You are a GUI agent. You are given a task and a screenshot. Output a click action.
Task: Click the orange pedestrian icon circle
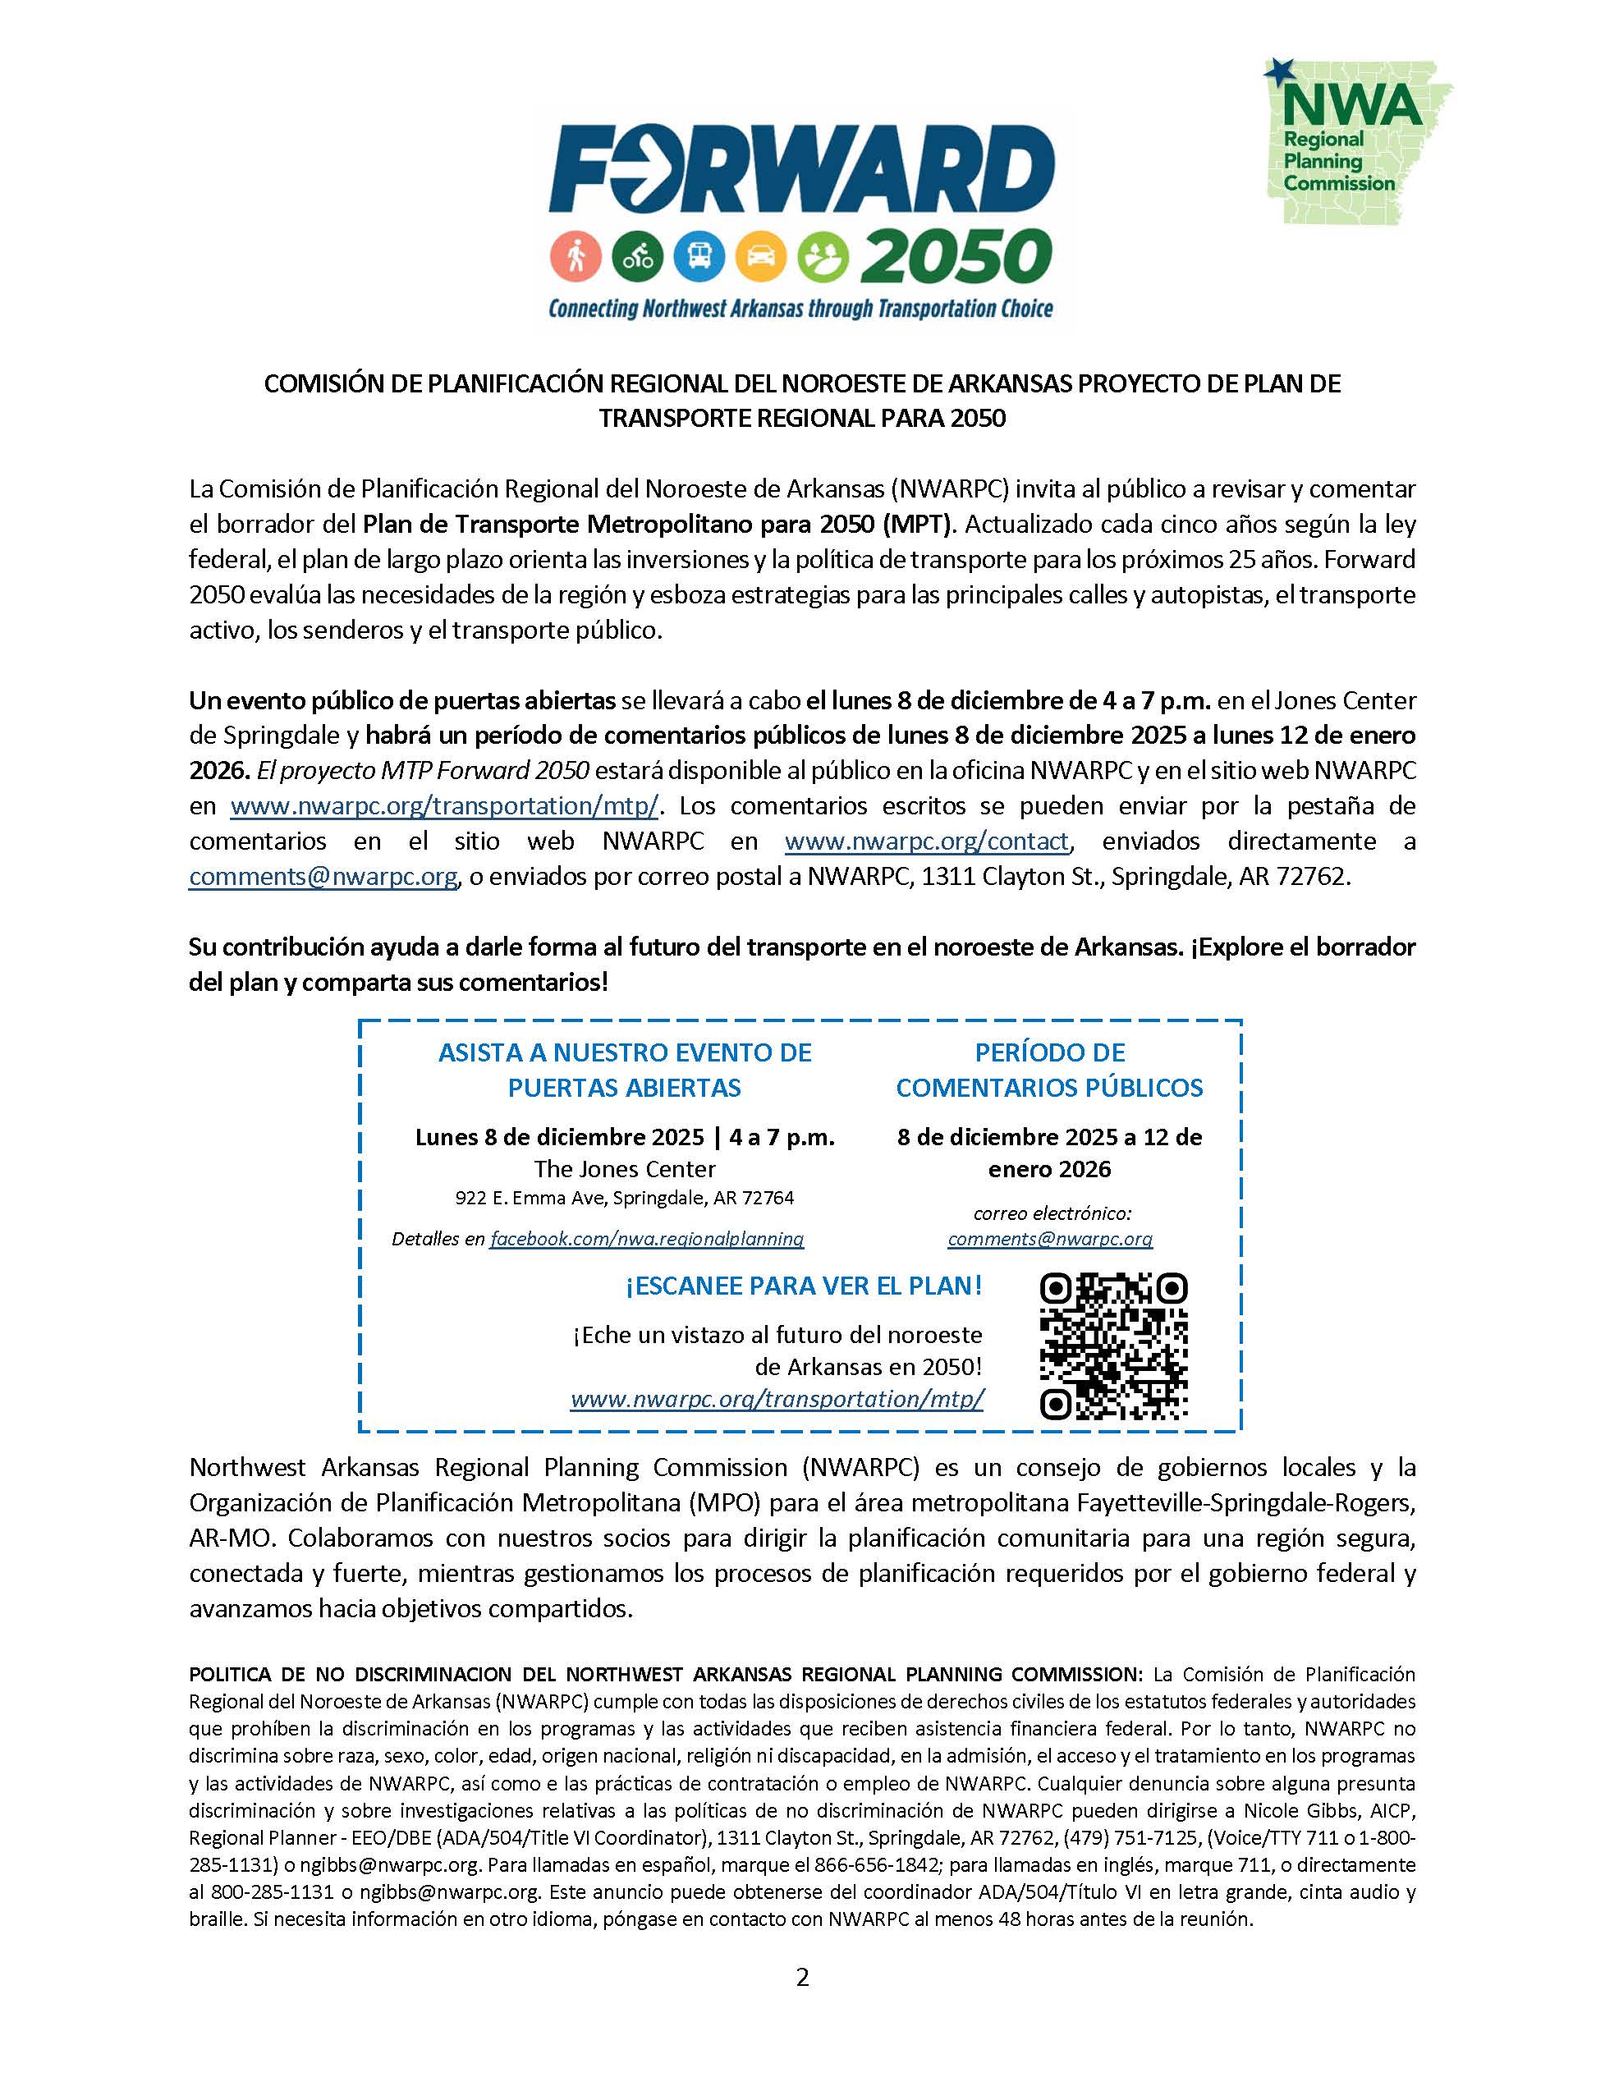[x=576, y=256]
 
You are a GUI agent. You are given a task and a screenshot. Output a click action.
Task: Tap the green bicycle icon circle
[x=637, y=256]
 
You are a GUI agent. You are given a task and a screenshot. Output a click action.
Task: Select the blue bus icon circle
[x=699, y=256]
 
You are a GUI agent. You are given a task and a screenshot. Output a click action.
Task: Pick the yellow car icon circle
[x=761, y=256]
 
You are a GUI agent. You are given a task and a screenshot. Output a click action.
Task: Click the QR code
[x=1113, y=1347]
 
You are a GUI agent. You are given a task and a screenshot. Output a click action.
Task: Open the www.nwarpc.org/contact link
[x=927, y=841]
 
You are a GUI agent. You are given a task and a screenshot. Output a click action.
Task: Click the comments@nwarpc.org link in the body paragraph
[x=323, y=877]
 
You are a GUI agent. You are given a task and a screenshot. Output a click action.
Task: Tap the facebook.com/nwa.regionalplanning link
[x=647, y=1239]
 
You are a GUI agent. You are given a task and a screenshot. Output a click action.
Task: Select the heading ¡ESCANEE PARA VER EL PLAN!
[x=804, y=1286]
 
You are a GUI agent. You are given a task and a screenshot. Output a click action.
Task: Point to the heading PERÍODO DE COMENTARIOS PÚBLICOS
[x=1050, y=1070]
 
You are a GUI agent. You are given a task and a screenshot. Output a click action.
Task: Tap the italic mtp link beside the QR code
[x=777, y=1399]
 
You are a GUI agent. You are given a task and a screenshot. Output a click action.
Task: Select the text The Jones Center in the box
[x=625, y=1169]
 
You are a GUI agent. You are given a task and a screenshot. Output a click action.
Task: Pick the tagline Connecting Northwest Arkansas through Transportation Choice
[x=800, y=309]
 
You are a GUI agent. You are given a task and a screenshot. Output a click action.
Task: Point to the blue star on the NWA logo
[x=1279, y=71]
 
